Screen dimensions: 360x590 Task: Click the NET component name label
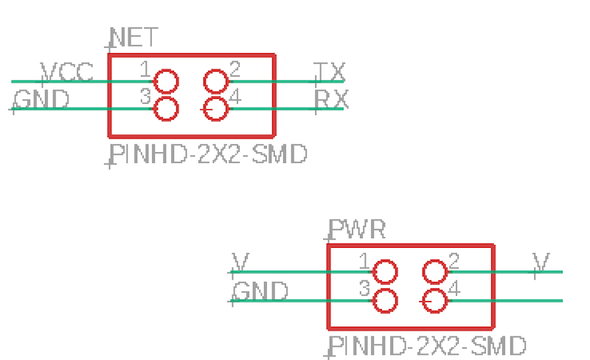133,36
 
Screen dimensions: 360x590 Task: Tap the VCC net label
67,72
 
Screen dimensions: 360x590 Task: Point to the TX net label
330,72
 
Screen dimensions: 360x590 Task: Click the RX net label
331,100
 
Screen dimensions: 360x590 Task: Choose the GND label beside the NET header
42,100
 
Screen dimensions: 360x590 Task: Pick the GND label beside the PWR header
260,291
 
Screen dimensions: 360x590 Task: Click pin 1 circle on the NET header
167,81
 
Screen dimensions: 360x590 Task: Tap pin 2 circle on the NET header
215,81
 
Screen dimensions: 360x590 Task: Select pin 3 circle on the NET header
167,109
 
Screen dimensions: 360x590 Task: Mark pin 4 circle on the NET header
215,109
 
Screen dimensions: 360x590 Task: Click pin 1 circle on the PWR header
385,272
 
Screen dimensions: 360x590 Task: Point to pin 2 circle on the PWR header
434,272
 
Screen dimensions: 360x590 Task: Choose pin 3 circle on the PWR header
385,300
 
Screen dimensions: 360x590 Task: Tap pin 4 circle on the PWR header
434,300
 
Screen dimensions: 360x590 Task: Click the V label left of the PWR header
240,262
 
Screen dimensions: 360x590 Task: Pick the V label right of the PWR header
542,262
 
